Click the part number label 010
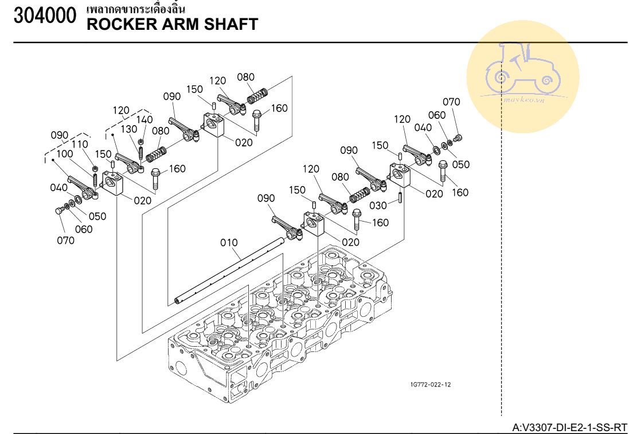[229, 243]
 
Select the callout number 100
[64, 154]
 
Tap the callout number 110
[79, 144]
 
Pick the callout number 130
[128, 129]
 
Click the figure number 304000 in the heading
[45, 17]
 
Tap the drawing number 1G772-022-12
[427, 385]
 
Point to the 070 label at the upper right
[451, 102]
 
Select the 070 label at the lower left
[65, 241]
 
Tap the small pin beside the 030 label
[399, 197]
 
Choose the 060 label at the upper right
[436, 115]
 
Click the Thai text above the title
[135, 9]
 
